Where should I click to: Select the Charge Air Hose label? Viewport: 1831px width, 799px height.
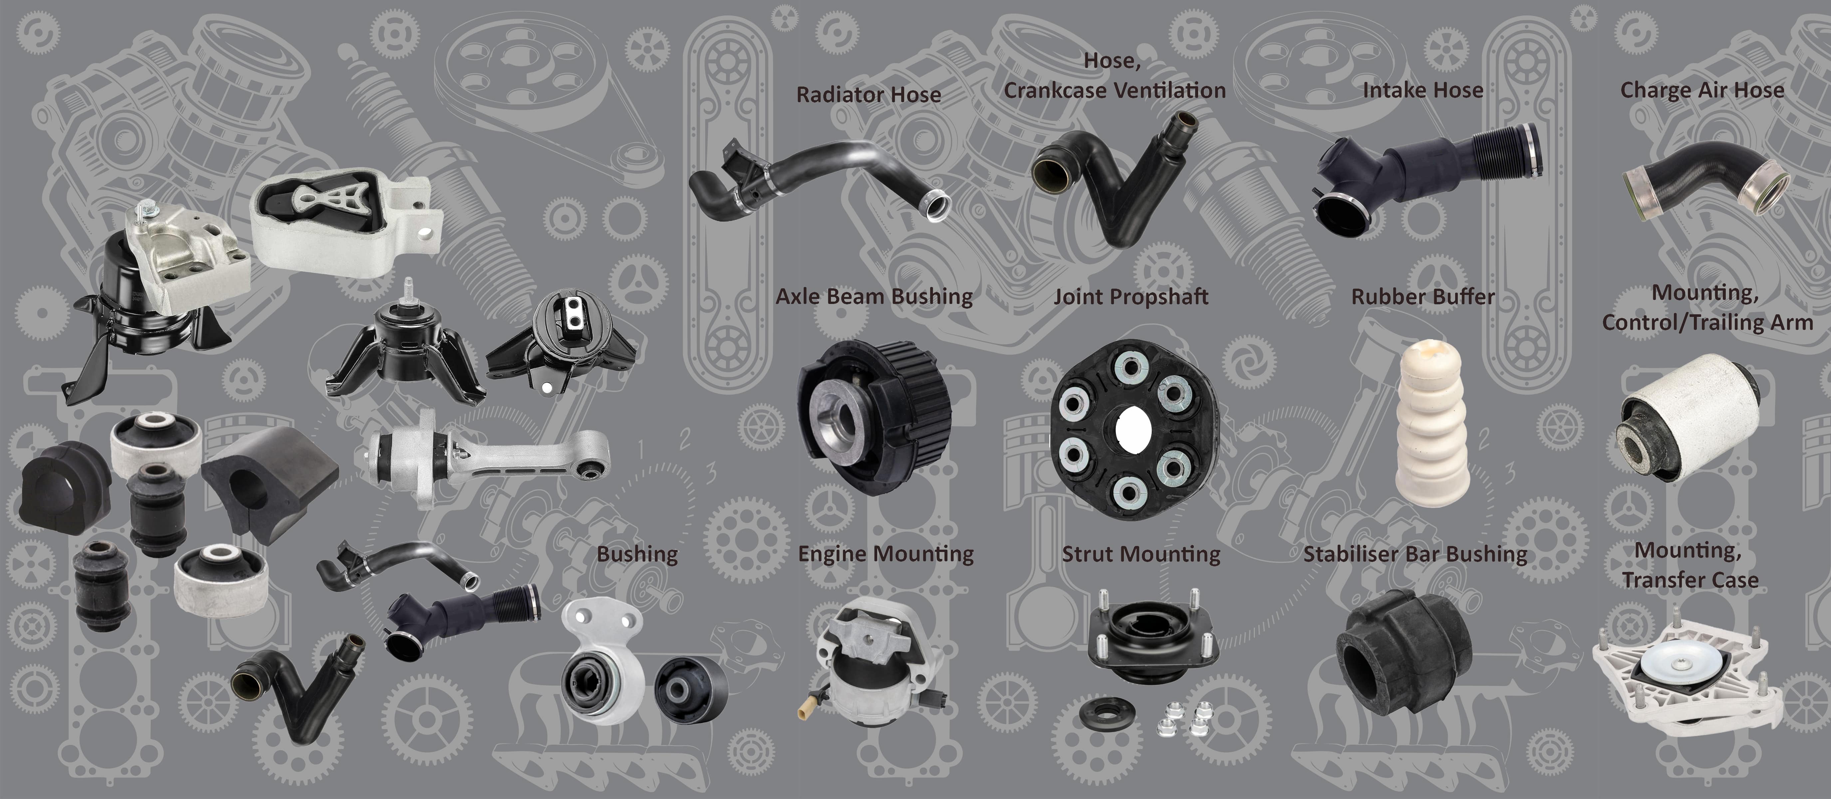(x=1701, y=90)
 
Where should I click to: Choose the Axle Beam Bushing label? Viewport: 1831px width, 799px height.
(x=874, y=296)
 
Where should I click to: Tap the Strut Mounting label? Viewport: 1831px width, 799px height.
(x=1141, y=554)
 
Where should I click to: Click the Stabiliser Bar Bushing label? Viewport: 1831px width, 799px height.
(x=1415, y=554)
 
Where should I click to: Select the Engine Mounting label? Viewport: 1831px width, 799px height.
(x=886, y=554)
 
